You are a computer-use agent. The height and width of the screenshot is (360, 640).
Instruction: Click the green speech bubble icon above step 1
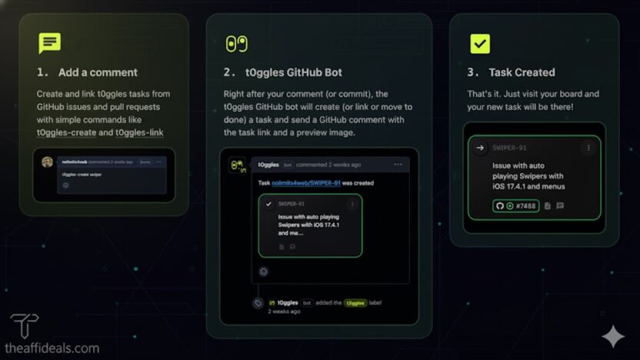coord(49,43)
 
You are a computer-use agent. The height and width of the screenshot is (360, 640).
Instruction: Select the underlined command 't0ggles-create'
coord(66,132)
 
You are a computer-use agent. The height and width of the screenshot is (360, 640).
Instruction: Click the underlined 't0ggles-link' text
coord(139,132)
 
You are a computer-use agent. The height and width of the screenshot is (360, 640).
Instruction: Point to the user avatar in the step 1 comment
coord(48,162)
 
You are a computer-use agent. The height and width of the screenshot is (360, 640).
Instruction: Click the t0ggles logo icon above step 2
coord(236,44)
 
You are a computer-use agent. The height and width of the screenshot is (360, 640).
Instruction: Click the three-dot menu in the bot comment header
coord(398,165)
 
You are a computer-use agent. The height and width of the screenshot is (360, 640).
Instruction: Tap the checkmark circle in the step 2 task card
coord(268,204)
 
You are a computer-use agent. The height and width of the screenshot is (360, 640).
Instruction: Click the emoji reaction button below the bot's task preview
coord(264,271)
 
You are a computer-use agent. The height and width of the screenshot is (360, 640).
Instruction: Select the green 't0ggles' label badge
coord(355,303)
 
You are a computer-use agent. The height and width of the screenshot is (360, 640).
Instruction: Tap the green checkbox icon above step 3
coord(479,44)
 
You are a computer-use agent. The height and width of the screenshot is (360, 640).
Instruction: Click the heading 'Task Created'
coord(522,72)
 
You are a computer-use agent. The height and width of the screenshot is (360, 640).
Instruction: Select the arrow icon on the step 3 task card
coord(480,148)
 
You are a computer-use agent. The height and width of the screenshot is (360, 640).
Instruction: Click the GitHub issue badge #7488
coord(515,206)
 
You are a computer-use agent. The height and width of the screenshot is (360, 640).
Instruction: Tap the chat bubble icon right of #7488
coord(560,206)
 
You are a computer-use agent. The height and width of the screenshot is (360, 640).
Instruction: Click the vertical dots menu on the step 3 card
coord(588,148)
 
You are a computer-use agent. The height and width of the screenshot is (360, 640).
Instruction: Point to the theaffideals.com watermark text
coord(52,348)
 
